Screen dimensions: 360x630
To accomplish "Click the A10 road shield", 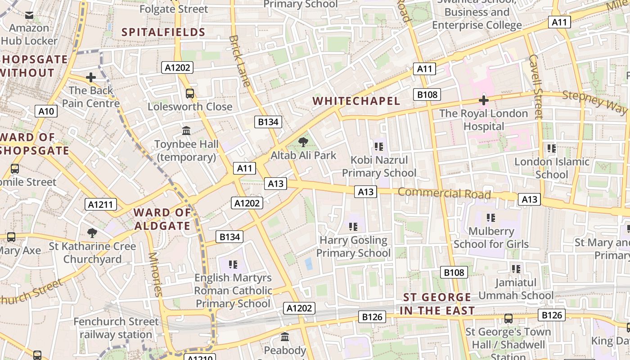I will pos(46,112).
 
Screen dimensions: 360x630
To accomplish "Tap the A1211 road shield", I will pos(101,205).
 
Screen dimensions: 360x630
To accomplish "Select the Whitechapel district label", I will pos(356,101).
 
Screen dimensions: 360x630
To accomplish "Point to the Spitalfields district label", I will pos(164,32).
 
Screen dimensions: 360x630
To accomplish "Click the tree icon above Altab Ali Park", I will pos(303,143).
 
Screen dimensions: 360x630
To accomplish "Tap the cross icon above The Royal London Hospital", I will pos(484,100).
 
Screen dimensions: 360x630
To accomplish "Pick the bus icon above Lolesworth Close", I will pos(190,94).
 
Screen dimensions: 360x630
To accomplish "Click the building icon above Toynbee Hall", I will pos(186,131).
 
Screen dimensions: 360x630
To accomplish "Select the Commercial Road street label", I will pos(444,193).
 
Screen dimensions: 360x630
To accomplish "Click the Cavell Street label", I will pos(535,86).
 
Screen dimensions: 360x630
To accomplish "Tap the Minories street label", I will pos(154,274).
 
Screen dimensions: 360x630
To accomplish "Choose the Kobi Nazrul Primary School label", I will pos(379,166).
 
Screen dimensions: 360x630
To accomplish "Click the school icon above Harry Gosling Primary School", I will pos(353,226).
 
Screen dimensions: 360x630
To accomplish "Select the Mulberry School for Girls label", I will pos(491,238).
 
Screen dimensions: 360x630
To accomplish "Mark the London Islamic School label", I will pos(552,168).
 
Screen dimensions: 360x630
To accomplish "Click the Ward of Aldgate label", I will pos(162,219).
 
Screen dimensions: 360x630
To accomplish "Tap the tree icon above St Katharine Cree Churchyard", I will pos(92,233).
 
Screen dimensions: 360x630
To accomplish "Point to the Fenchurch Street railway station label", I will pos(116,328).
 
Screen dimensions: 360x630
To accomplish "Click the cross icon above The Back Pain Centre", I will pos(91,77).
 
